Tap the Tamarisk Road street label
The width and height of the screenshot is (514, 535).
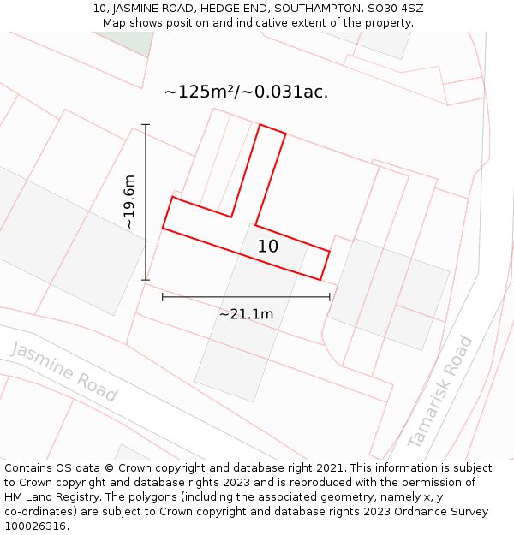click(x=439, y=391)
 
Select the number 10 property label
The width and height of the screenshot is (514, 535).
click(x=268, y=247)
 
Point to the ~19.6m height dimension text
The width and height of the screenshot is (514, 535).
click(x=128, y=202)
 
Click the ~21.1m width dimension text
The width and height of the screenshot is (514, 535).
click(x=246, y=314)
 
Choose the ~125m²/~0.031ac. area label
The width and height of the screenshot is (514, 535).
click(x=246, y=92)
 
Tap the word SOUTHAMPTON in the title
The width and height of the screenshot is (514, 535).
click(x=313, y=9)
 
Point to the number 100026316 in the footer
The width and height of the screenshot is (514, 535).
click(x=35, y=526)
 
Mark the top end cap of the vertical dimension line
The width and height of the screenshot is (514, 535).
click(x=146, y=125)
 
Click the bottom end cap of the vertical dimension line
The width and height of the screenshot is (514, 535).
click(x=146, y=280)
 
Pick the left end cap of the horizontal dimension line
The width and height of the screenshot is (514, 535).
click(x=163, y=297)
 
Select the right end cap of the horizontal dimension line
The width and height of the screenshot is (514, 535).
click(x=330, y=297)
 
